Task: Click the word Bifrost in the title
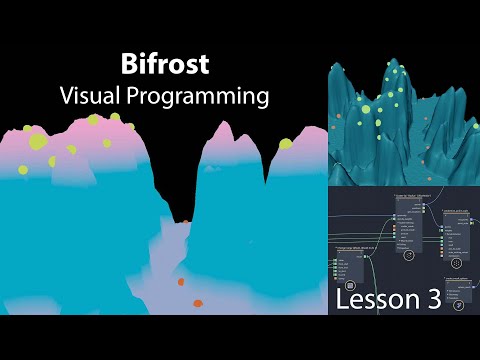[x=164, y=66]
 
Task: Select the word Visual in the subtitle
[x=95, y=96]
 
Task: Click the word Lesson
[x=381, y=299]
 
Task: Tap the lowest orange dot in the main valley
[x=198, y=303]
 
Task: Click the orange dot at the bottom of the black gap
[x=185, y=220]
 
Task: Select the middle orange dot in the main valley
[x=181, y=282]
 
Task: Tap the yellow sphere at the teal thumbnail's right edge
[x=466, y=124]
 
